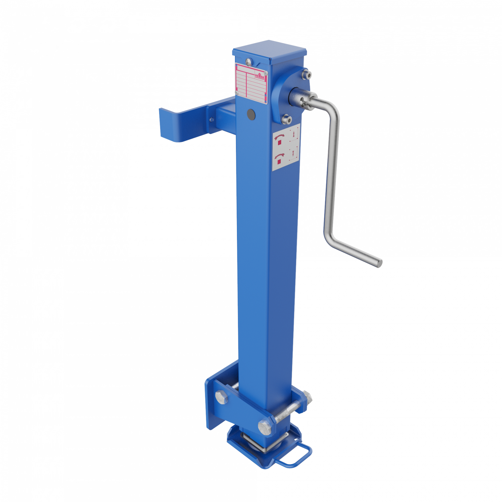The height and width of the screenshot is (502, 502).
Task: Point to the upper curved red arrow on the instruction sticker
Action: [279, 136]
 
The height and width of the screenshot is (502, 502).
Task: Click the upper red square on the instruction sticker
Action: [279, 142]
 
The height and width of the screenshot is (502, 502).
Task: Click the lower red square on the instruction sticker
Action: [279, 161]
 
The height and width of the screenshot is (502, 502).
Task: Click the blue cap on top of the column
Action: [270, 52]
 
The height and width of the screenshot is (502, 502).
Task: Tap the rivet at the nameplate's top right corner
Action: [266, 72]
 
